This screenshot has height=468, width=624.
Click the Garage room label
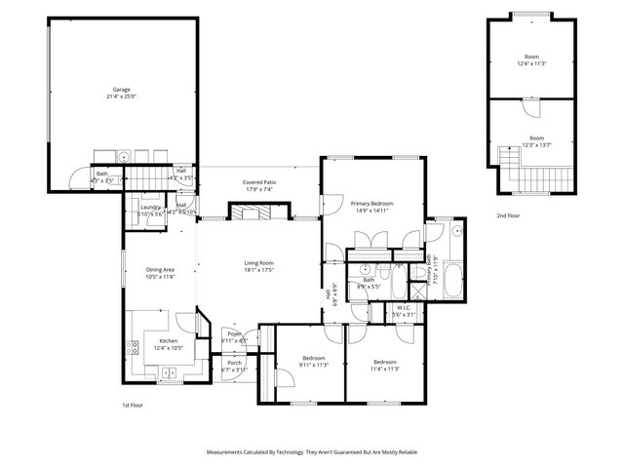coord(121,90)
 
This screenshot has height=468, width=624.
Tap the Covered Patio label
coord(259,182)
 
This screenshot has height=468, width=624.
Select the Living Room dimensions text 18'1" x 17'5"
coord(258,269)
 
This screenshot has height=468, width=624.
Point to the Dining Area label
coord(160,270)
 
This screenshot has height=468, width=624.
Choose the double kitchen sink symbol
coord(170,371)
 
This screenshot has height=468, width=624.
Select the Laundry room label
coord(150,207)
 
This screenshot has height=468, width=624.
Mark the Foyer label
coord(234,333)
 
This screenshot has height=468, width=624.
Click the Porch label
coord(234,363)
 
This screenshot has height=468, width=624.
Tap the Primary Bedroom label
coord(372,203)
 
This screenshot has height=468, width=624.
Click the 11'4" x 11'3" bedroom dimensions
coord(385,368)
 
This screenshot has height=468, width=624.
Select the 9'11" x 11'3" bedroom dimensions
coord(313,366)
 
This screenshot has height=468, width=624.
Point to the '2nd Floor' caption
coord(508,214)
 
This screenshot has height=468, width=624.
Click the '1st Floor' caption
coord(133,404)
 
